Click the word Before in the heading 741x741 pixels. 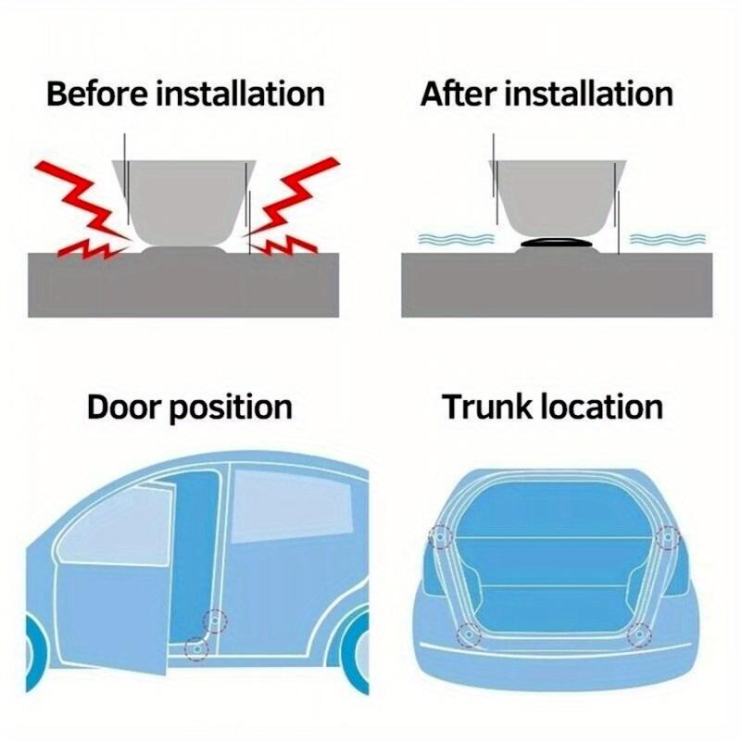[x=96, y=94]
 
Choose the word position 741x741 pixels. [x=232, y=408]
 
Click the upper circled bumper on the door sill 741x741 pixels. [x=216, y=621]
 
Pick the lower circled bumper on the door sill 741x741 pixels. [x=195, y=648]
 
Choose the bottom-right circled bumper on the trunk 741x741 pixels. [x=638, y=634]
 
